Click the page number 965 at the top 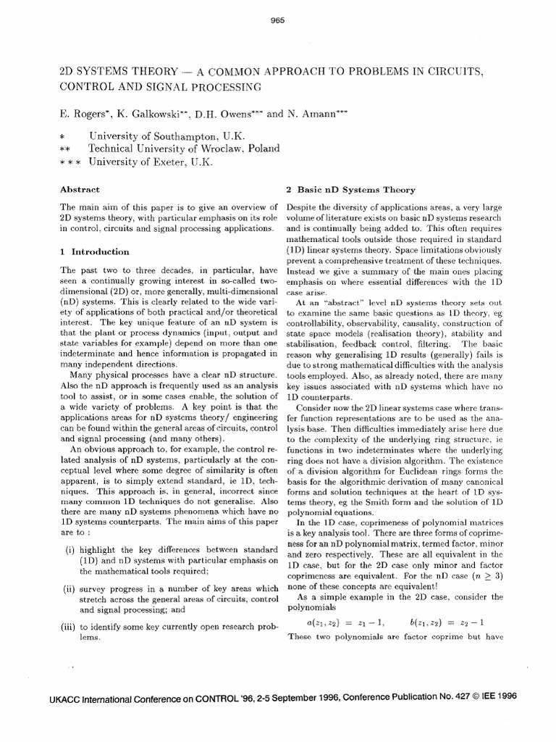click(277, 20)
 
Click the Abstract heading click(80, 189)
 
